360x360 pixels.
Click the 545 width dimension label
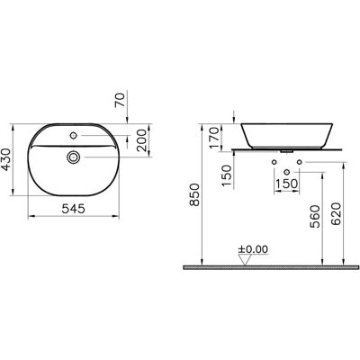click(x=74, y=209)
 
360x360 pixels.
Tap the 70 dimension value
click(x=120, y=100)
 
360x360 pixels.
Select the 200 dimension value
click(x=141, y=140)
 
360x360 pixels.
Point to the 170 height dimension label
click(x=214, y=138)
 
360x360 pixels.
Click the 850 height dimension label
click(x=195, y=194)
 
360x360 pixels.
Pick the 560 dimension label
click(x=315, y=216)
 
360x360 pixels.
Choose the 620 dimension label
click(x=336, y=214)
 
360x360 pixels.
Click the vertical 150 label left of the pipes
click(x=227, y=175)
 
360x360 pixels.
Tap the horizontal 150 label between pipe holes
click(x=286, y=184)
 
